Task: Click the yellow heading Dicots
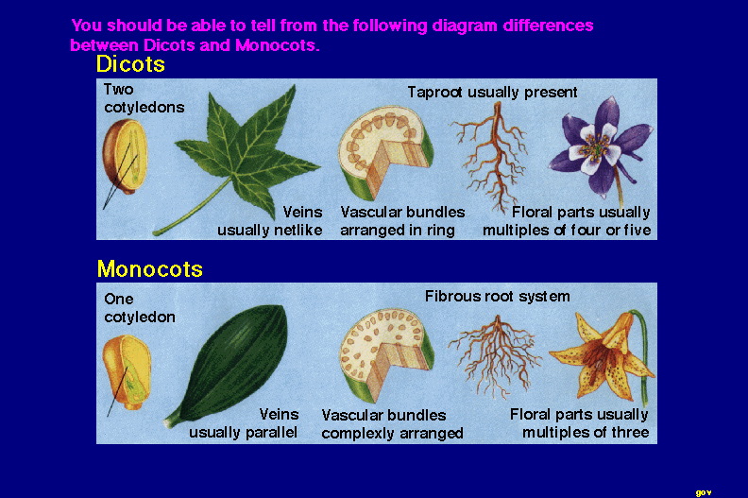coord(130,64)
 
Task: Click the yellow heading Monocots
coord(150,268)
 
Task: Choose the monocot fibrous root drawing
coord(496,355)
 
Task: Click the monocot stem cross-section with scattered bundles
coord(385,354)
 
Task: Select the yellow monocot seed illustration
coord(127,371)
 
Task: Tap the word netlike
coord(297,231)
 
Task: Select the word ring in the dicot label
coord(440,232)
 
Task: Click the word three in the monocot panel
coord(630,433)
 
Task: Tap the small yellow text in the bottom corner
coord(704,492)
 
